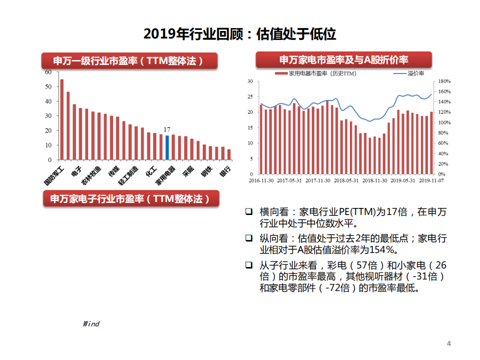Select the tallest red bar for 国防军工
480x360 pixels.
coord(62,119)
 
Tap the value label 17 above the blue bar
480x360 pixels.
coord(167,130)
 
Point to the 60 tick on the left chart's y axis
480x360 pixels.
coord(48,72)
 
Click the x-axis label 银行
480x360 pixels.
coord(226,171)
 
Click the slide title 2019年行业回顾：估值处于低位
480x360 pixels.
coord(240,34)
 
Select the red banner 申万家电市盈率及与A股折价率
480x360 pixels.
coord(344,60)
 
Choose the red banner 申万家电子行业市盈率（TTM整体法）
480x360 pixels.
coord(130,198)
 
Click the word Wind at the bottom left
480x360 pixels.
coord(91,324)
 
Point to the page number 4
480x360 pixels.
coord(448,343)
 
